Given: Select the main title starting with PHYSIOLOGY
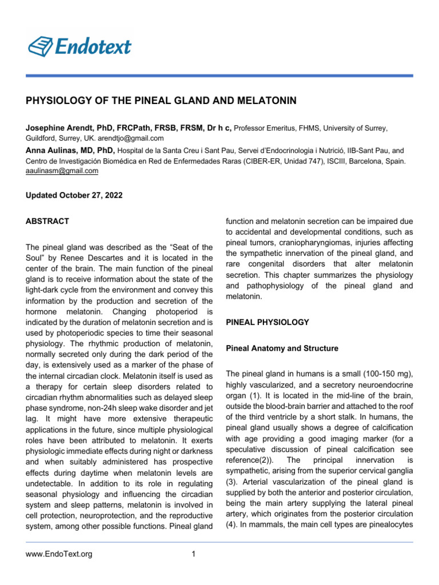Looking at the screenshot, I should pyautogui.click(x=161, y=101).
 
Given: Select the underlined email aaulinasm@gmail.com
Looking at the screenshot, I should pyautogui.click(x=62, y=171).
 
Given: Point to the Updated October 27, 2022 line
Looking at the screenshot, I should pyautogui.click(x=74, y=195).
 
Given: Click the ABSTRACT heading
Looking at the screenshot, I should pyautogui.click(x=47, y=221).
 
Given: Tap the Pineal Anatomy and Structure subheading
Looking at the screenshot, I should pyautogui.click(x=282, y=348).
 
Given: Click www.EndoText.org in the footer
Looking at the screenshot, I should pyautogui.click(x=59, y=554).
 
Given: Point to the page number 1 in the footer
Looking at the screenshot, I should pyautogui.click(x=194, y=554).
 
